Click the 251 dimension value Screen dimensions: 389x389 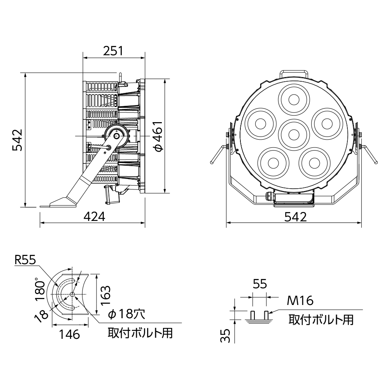click(113, 51)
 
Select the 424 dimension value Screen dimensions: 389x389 click(94, 217)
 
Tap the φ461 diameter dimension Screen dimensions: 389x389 click(158, 136)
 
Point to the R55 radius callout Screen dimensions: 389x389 click(25, 260)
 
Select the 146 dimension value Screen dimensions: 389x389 click(70, 335)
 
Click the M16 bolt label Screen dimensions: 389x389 click(300, 301)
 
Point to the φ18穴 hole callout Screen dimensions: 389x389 click(126, 314)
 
